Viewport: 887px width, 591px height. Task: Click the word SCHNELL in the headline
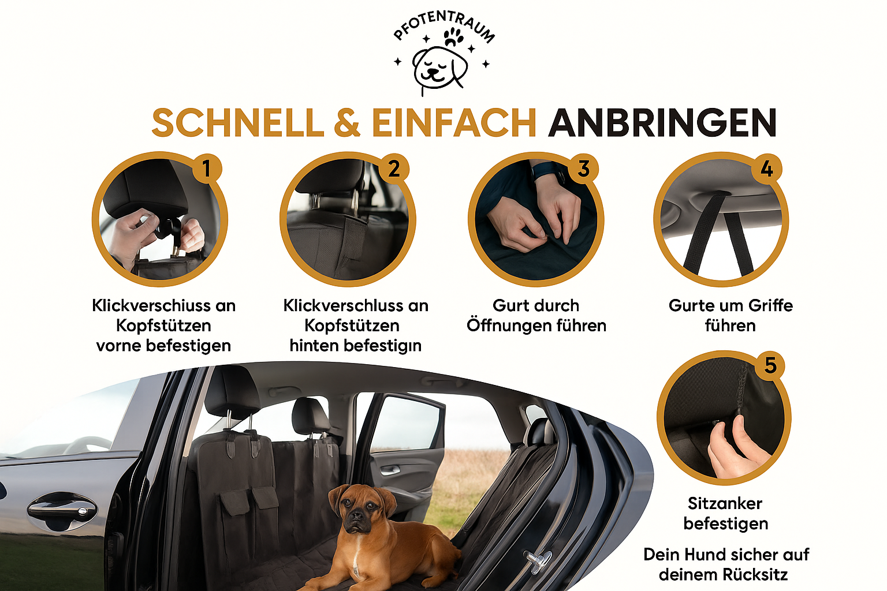click(238, 123)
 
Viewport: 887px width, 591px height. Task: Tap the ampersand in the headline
click(347, 123)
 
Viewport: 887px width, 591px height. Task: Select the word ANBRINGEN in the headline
click(662, 123)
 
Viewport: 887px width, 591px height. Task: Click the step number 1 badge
click(207, 169)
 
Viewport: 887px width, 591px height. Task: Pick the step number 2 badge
click(394, 169)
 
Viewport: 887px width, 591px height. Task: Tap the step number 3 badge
click(583, 169)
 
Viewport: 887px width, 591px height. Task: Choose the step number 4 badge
click(767, 169)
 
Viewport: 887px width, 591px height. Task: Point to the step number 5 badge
click(770, 365)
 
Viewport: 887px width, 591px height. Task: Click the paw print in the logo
click(453, 37)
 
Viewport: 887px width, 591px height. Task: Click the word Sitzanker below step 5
click(725, 503)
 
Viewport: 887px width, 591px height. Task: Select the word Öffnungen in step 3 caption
click(508, 326)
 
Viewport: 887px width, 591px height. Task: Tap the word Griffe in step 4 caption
click(768, 305)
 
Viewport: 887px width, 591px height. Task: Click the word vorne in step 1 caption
click(118, 346)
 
